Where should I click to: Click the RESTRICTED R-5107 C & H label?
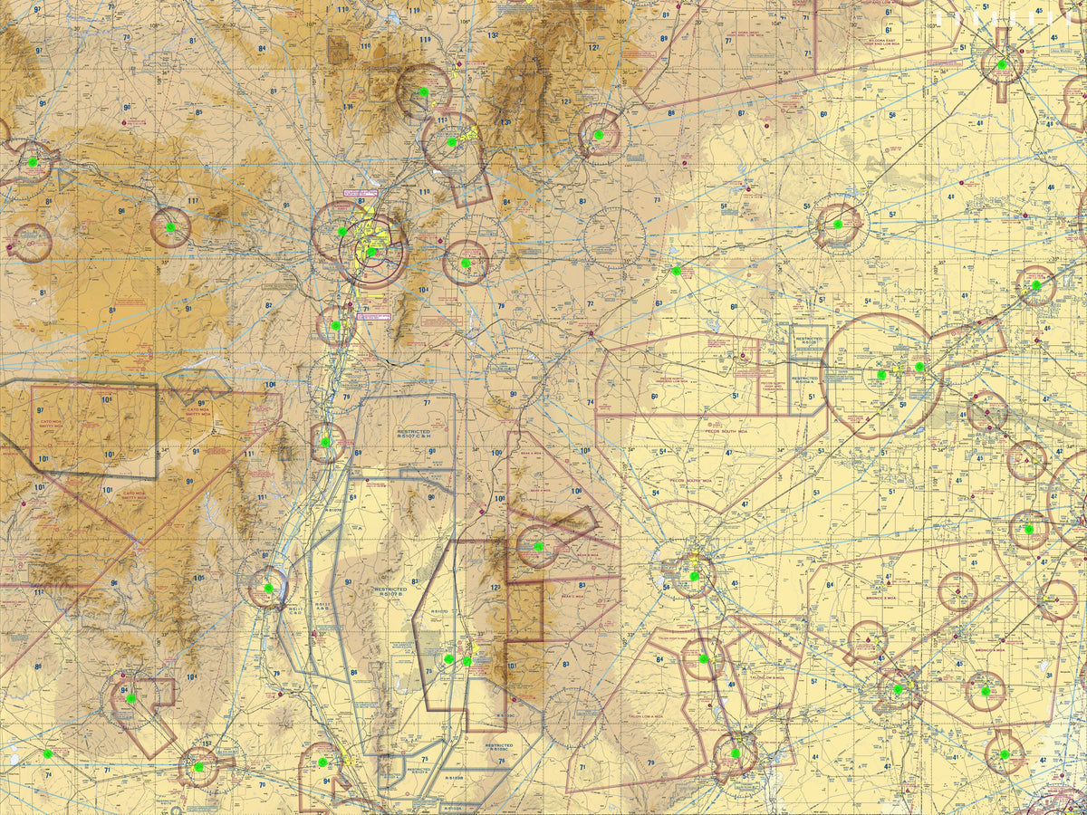(x=413, y=436)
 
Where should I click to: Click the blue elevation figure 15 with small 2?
(x=207, y=744)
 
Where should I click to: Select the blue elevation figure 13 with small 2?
(x=492, y=36)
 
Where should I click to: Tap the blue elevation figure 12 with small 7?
(x=593, y=47)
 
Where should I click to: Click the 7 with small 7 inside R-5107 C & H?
(x=427, y=402)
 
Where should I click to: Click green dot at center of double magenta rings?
(x=371, y=252)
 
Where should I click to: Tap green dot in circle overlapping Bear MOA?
(x=538, y=546)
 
